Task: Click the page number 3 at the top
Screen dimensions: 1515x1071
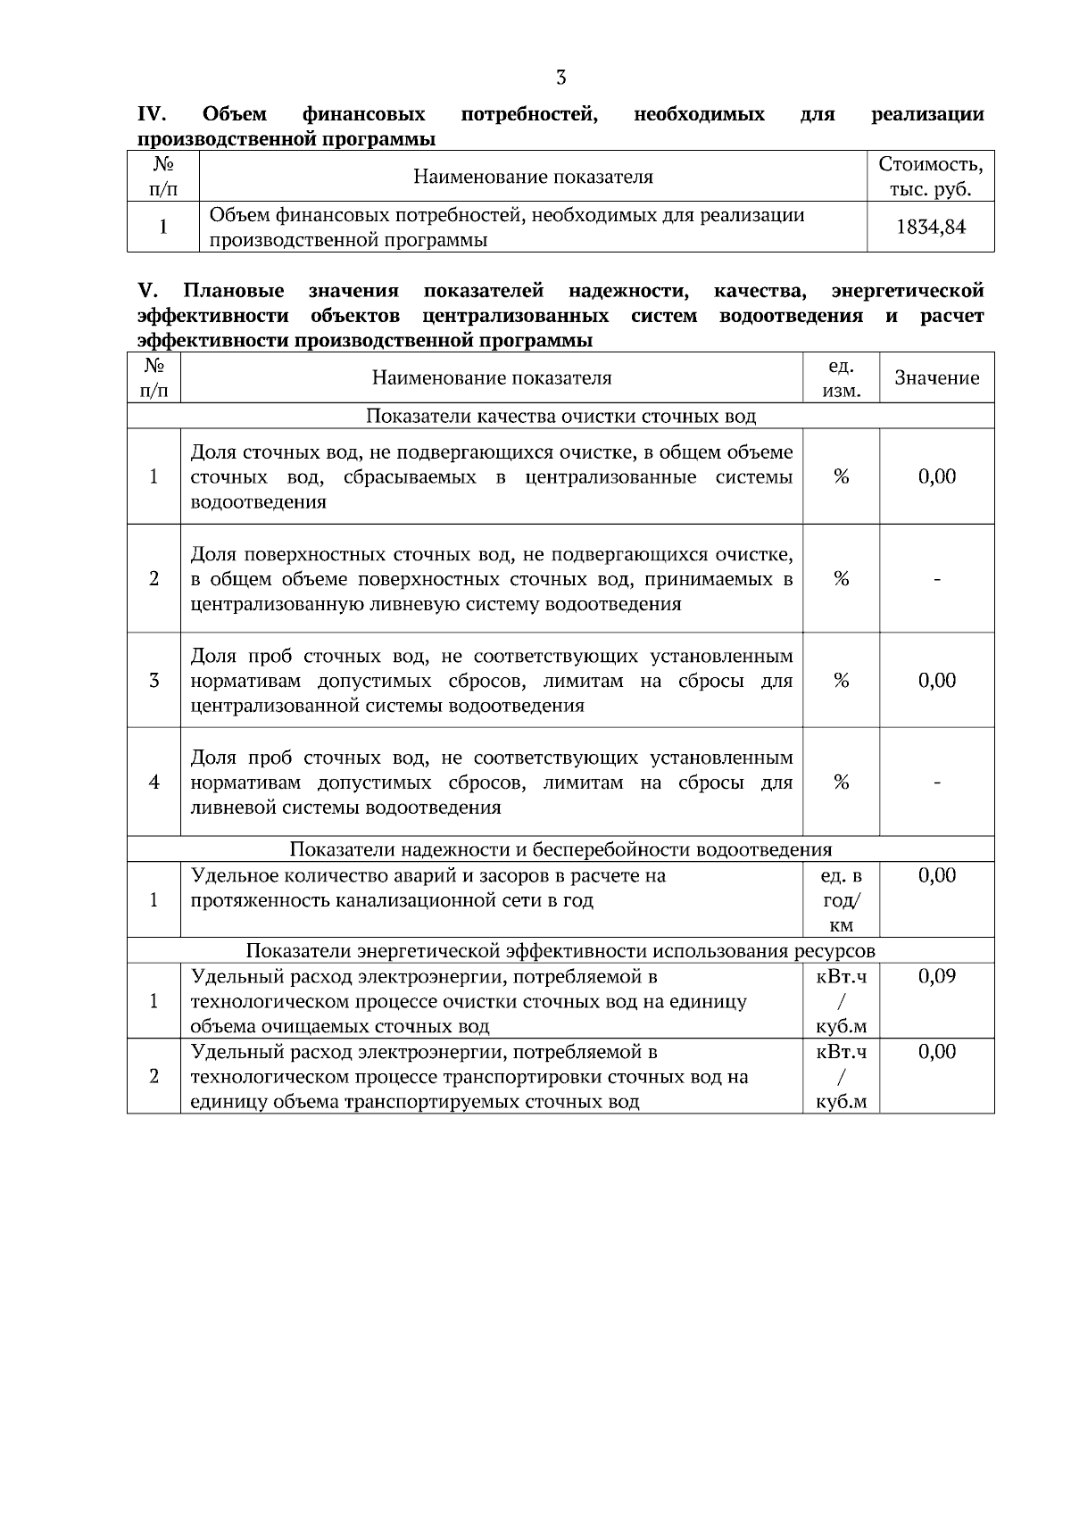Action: (560, 78)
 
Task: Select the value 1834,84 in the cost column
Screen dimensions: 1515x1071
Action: (931, 228)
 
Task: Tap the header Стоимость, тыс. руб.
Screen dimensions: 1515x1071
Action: (931, 177)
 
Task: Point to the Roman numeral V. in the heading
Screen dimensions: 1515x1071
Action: (147, 291)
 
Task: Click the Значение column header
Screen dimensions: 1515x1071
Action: (936, 377)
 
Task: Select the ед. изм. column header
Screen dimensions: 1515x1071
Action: (841, 377)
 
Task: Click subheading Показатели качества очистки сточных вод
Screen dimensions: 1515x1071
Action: (560, 417)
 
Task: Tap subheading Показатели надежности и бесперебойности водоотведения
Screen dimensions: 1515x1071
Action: (560, 849)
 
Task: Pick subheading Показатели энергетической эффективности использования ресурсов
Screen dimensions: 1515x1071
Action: (560, 950)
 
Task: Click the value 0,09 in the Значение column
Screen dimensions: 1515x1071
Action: (936, 976)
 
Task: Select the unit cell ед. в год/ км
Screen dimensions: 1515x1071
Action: (841, 900)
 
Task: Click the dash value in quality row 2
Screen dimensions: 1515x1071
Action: (936, 579)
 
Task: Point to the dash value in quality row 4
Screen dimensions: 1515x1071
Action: (936, 782)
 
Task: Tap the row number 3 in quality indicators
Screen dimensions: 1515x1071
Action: (154, 681)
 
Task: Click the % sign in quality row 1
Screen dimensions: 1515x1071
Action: (841, 476)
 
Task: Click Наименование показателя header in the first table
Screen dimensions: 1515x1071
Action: (533, 177)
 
